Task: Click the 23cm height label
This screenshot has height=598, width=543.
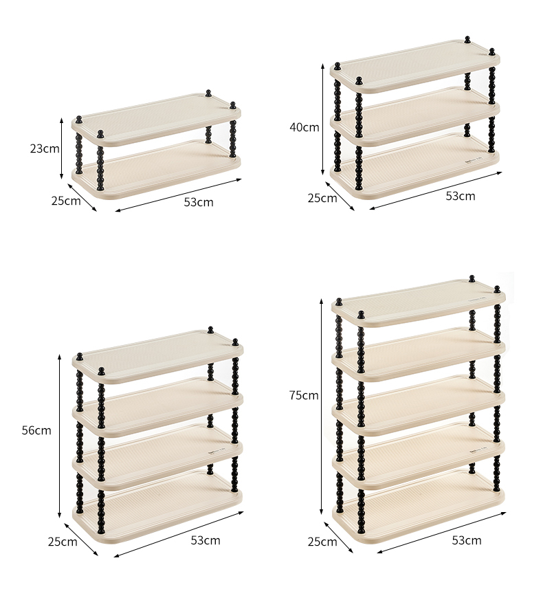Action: tap(45, 148)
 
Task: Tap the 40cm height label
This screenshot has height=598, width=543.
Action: tap(304, 127)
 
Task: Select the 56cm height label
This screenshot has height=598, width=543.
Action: tap(36, 430)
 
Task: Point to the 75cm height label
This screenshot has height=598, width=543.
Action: tap(304, 395)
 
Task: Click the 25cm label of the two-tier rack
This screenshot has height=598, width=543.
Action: tap(66, 201)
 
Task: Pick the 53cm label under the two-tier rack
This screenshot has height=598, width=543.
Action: tap(199, 202)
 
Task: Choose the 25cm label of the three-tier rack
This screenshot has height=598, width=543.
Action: tap(322, 198)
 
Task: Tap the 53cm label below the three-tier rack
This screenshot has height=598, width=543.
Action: tap(461, 196)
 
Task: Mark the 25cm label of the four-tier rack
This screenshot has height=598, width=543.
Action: tap(63, 542)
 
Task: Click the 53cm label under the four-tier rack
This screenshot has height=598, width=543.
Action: tap(206, 540)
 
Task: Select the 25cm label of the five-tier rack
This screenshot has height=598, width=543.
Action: tap(322, 542)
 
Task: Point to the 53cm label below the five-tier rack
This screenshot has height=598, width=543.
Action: tap(467, 540)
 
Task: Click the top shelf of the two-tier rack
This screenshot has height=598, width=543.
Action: tap(156, 119)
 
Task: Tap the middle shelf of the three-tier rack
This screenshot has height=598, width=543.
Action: tap(415, 116)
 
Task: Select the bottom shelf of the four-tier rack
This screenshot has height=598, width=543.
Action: tap(157, 507)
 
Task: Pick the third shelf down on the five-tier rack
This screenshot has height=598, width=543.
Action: tap(419, 405)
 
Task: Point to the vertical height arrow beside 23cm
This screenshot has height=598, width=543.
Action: tap(61, 148)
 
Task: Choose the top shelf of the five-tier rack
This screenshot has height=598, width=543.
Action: tap(419, 303)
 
